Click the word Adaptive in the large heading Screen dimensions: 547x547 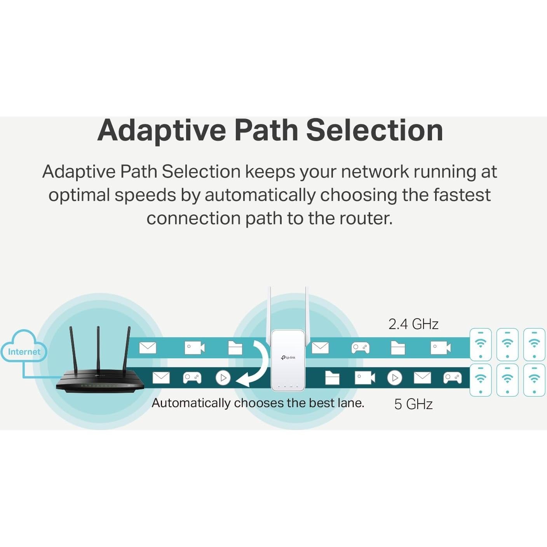[161, 131]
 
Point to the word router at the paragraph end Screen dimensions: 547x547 [365, 218]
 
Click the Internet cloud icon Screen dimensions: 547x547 [24, 347]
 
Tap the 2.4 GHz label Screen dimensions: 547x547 [413, 324]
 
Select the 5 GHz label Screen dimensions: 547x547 [413, 404]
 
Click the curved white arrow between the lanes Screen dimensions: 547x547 [256, 366]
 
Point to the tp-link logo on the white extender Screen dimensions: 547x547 [288, 357]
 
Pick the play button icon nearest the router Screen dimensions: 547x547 [223, 378]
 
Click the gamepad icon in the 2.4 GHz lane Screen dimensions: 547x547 [360, 348]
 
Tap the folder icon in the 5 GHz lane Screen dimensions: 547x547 [332, 378]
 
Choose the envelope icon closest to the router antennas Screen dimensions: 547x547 [148, 348]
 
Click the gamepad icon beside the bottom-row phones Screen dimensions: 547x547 [452, 378]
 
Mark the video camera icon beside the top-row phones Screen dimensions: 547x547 [441, 348]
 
